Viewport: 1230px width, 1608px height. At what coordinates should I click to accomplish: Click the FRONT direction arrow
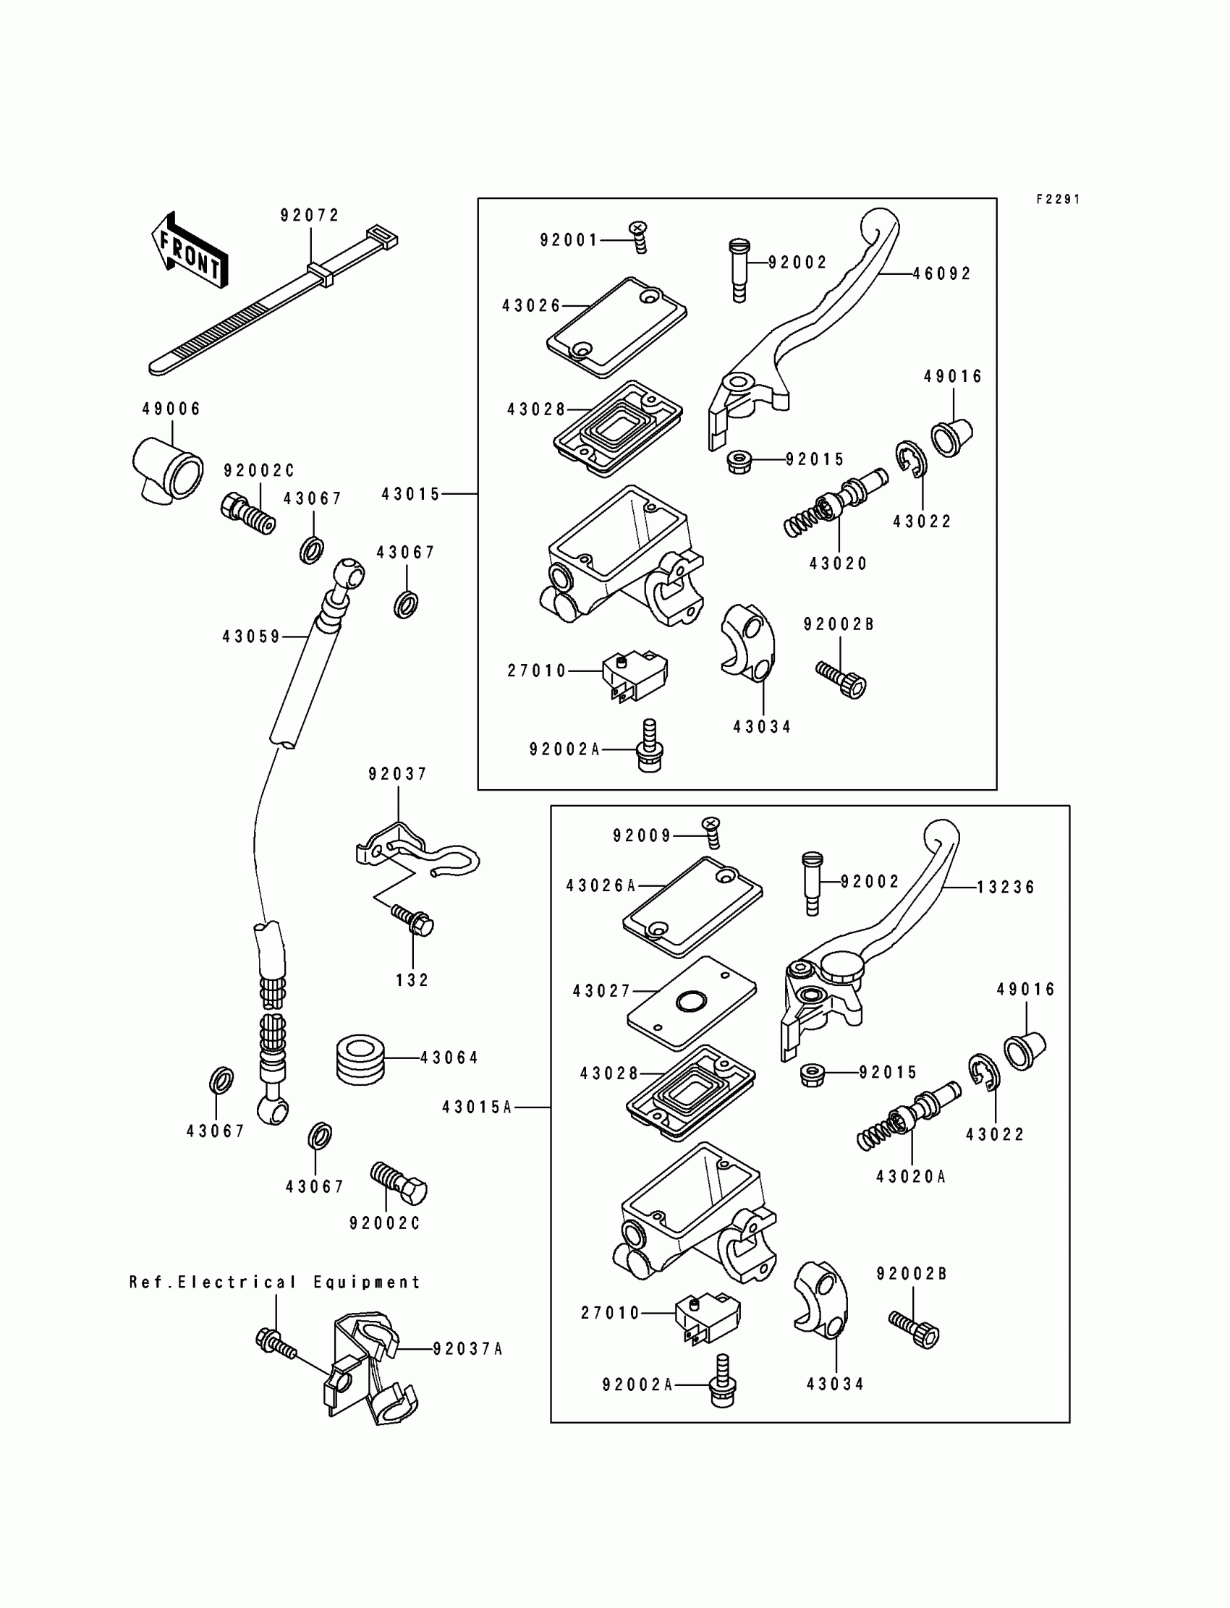[190, 250]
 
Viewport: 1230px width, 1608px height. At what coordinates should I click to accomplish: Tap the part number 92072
[310, 215]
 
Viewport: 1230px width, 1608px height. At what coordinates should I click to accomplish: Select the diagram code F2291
[1058, 199]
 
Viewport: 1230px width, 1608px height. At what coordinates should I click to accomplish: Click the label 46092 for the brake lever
[942, 273]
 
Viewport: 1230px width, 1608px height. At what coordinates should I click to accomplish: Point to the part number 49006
[171, 409]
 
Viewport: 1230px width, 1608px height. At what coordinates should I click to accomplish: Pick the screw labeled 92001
[639, 237]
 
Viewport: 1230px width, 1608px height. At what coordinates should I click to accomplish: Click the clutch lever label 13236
[1006, 887]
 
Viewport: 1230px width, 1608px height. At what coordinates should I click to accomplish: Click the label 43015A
[478, 1107]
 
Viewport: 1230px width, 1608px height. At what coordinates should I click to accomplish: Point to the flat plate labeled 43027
[692, 1003]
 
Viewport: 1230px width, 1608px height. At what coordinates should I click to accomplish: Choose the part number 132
[412, 980]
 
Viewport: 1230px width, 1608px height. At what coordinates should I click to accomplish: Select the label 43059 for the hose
[252, 637]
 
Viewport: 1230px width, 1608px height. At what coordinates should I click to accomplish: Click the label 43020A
[912, 1176]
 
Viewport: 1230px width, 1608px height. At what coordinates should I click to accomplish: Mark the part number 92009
[642, 836]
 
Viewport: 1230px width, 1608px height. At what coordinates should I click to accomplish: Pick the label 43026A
[601, 886]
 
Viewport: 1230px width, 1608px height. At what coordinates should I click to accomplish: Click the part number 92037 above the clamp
[398, 774]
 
